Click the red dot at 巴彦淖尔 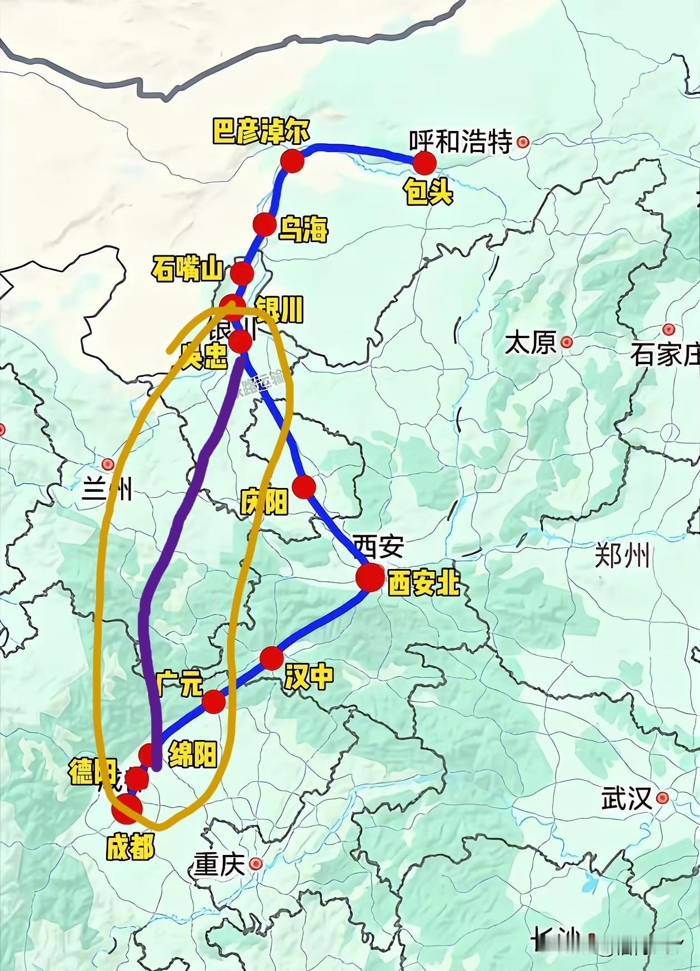292,160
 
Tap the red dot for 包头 424,163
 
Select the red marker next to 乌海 264,225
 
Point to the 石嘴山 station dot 242,273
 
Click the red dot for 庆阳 304,487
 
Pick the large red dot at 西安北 370,578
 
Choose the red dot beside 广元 213,702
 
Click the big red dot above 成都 127,808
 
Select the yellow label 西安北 423,583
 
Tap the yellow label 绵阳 192,753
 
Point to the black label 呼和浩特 461,142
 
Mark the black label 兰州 107,490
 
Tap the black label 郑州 622,555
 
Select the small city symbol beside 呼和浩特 522,142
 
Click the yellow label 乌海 303,229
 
